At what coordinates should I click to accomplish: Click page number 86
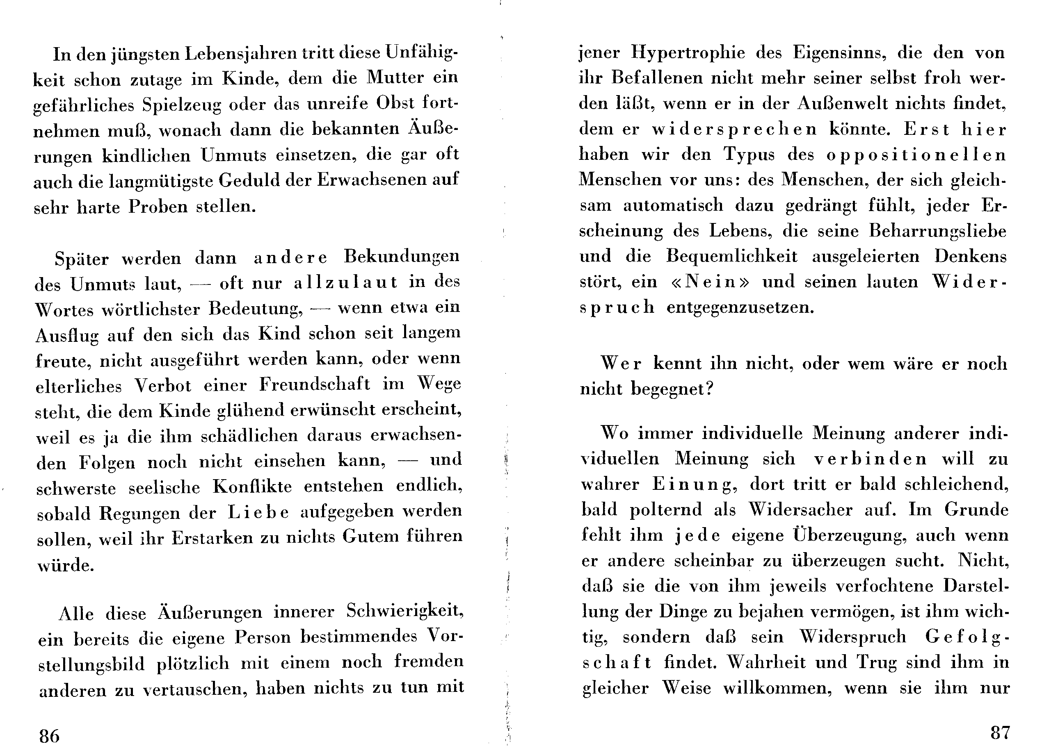[x=50, y=736]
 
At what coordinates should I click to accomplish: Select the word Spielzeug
[x=181, y=105]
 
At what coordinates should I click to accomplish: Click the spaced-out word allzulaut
[x=345, y=282]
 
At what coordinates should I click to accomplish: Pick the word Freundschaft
[x=314, y=384]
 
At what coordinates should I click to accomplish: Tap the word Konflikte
[x=252, y=487]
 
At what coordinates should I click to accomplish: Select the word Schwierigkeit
[x=404, y=611]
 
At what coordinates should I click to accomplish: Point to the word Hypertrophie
[x=688, y=53]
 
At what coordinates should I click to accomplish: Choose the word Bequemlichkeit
[x=732, y=256]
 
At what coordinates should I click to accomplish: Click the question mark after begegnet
[x=708, y=389]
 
